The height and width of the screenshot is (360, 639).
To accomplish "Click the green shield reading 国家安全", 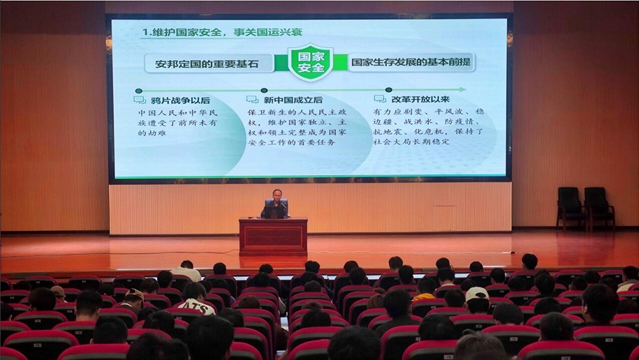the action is pyautogui.click(x=311, y=62).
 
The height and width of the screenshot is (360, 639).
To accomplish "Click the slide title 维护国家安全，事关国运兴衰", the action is pyautogui.click(x=227, y=32).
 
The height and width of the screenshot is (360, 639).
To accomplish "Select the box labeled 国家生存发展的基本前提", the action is pyautogui.click(x=411, y=62).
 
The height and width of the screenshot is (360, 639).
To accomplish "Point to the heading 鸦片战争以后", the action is pyautogui.click(x=180, y=100).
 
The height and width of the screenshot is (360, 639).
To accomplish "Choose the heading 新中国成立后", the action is pyautogui.click(x=293, y=100).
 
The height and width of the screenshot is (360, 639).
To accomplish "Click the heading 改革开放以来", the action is pyautogui.click(x=420, y=99).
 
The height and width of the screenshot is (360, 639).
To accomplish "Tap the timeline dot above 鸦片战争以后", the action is pyautogui.click(x=139, y=91).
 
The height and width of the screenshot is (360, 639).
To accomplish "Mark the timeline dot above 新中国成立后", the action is pyautogui.click(x=264, y=91).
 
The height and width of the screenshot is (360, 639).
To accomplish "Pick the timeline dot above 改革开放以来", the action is pyautogui.click(x=389, y=90).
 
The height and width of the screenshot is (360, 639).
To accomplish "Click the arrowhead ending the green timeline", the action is pyautogui.click(x=462, y=90).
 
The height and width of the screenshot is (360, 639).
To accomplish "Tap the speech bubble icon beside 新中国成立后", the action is pyautogui.click(x=252, y=100).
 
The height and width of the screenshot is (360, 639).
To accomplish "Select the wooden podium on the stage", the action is pyautogui.click(x=273, y=237).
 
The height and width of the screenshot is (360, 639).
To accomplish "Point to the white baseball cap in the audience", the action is pyautogui.click(x=477, y=293).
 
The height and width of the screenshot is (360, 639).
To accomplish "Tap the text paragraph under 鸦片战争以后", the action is pyautogui.click(x=177, y=123).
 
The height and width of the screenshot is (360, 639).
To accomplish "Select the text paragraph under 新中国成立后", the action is pyautogui.click(x=297, y=127).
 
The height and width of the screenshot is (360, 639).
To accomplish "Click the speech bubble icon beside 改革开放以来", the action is pyautogui.click(x=380, y=98).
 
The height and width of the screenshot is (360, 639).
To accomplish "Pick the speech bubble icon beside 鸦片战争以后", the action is pyautogui.click(x=139, y=100).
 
